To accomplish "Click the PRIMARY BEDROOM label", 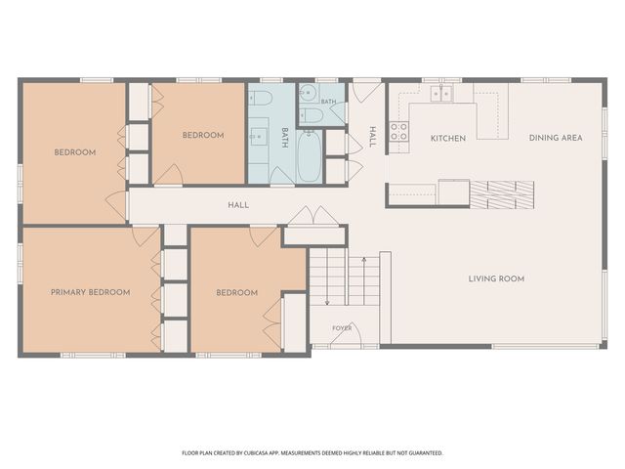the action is [x=91, y=292].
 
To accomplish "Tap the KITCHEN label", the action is [x=448, y=139].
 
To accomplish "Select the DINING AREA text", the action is [x=556, y=138].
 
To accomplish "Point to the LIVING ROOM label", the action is [x=496, y=278].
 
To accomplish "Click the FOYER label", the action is [x=342, y=328].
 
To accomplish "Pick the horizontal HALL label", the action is [x=238, y=205].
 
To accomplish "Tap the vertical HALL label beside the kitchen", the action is [x=373, y=137].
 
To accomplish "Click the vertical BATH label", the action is [x=284, y=138].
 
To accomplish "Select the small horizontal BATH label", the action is [x=328, y=102].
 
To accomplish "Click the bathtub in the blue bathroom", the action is [x=310, y=156].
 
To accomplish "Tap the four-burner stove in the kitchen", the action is [x=398, y=132].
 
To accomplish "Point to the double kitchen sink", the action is [x=440, y=94].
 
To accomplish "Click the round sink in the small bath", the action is [x=308, y=93].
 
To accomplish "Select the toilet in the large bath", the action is [x=260, y=98].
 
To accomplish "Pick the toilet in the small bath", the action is [x=311, y=115].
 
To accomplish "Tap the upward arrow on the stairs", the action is [x=364, y=281].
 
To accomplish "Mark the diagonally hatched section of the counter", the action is [x=502, y=194].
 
